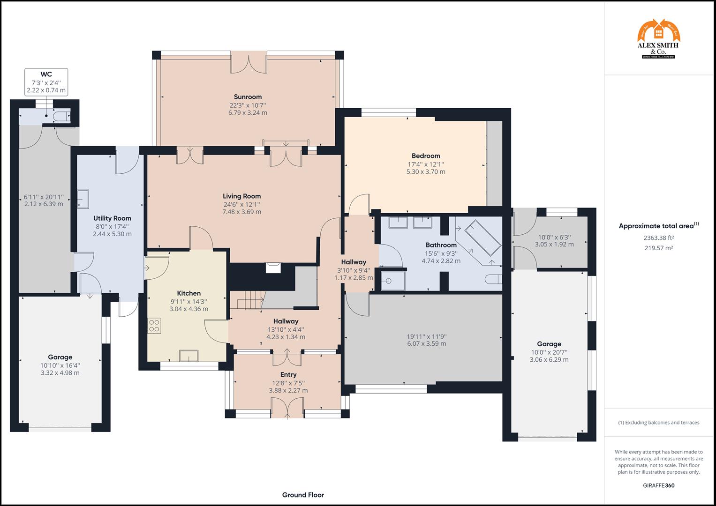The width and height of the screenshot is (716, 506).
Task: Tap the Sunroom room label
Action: tap(248, 97)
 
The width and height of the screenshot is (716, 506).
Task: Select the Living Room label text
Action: tap(241, 196)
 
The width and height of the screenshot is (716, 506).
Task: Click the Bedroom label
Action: tap(426, 156)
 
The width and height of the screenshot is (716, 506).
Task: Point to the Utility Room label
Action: tap(112, 218)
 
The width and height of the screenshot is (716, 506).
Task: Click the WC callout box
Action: tap(46, 82)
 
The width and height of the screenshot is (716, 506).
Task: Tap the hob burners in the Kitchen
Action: tap(154, 325)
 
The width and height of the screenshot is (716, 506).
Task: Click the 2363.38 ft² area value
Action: tap(658, 238)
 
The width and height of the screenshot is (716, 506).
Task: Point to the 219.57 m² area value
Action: tap(658, 248)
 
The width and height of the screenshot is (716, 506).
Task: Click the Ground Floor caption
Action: tap(303, 495)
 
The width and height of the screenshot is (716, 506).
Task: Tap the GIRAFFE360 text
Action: tap(658, 485)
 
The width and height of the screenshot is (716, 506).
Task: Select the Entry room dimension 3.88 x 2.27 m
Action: tap(288, 390)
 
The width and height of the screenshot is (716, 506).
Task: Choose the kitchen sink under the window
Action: tap(188, 356)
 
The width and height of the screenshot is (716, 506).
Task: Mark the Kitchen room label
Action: tap(188, 293)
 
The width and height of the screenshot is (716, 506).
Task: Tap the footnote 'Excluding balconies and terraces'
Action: tap(658, 423)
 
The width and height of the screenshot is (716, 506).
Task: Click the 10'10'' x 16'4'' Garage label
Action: tap(60, 365)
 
